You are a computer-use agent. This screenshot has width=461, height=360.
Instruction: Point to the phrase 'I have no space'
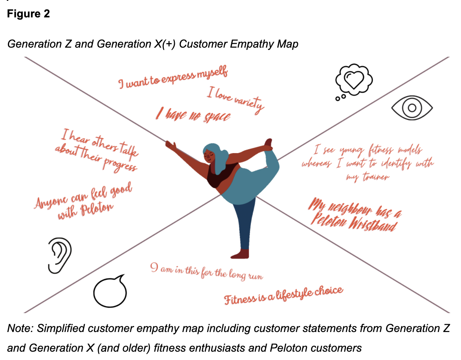point(193,115)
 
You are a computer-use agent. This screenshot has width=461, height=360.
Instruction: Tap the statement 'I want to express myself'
point(173,77)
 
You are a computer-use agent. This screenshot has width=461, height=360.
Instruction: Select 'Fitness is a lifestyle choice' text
point(283,295)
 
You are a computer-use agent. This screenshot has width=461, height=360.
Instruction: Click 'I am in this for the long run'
point(207,272)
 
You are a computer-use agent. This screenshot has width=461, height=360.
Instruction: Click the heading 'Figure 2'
point(28,14)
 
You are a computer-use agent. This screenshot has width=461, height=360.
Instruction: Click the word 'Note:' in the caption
point(20,328)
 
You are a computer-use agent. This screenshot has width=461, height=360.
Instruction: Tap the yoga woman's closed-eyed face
point(209,156)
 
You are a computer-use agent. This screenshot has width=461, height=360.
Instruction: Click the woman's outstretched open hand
point(171,146)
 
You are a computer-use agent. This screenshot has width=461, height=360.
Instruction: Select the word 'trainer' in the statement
point(376,177)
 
